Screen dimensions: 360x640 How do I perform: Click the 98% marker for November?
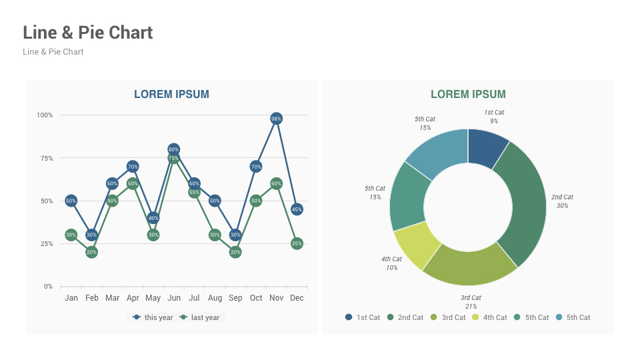pyautogui.click(x=276, y=119)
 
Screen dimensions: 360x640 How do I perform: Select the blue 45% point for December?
pyautogui.click(x=297, y=209)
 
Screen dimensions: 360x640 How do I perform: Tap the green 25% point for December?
pyautogui.click(x=297, y=244)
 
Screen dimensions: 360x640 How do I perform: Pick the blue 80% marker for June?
pyautogui.click(x=173, y=149)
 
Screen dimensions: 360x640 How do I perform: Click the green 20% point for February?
pyautogui.click(x=91, y=252)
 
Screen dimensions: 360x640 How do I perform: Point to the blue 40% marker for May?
pyautogui.click(x=153, y=218)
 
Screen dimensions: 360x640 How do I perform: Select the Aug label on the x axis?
pyautogui.click(x=215, y=298)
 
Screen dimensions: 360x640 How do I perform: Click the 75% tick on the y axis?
pyautogui.click(x=45, y=158)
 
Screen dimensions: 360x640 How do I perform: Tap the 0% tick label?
pyautogui.click(x=48, y=287)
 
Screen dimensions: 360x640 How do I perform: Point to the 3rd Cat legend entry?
pyautogui.click(x=448, y=317)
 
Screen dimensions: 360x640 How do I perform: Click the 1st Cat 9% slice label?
pyautogui.click(x=494, y=117)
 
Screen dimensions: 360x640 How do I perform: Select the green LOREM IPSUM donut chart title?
pyautogui.click(x=468, y=95)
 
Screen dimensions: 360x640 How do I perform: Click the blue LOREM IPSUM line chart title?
pyautogui.click(x=171, y=95)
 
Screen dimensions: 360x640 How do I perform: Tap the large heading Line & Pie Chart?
pyautogui.click(x=88, y=32)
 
